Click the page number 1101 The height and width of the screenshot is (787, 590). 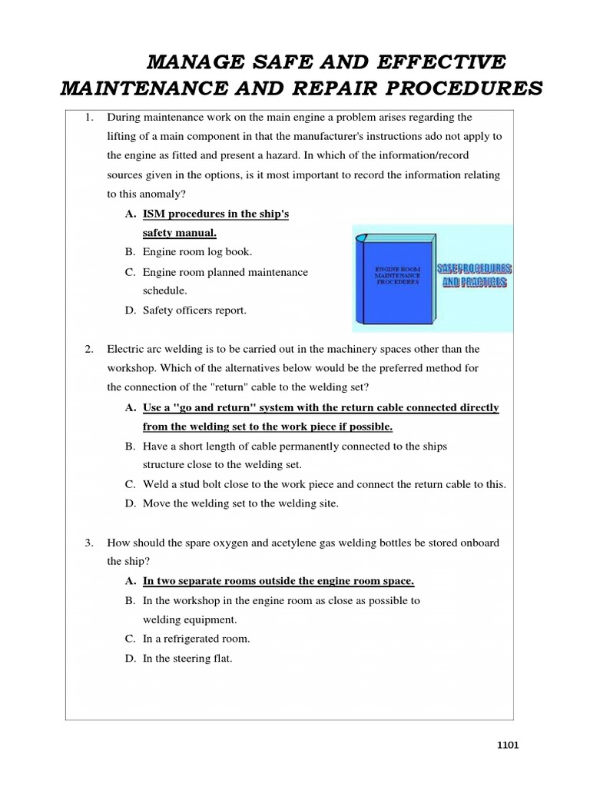point(508,745)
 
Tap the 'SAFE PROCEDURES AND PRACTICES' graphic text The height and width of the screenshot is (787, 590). point(475,276)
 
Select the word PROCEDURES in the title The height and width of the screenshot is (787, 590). point(462,88)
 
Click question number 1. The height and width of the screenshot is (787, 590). point(89,118)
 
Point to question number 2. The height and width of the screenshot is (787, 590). point(89,349)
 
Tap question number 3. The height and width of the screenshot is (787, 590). point(89,543)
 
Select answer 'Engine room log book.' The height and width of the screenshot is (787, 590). point(197,252)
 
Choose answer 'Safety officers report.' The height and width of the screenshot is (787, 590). point(195,310)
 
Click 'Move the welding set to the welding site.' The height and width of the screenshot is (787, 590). point(240,503)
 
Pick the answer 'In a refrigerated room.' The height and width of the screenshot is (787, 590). point(196,639)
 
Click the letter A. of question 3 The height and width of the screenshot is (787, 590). point(131,581)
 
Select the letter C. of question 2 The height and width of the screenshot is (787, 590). point(131,484)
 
